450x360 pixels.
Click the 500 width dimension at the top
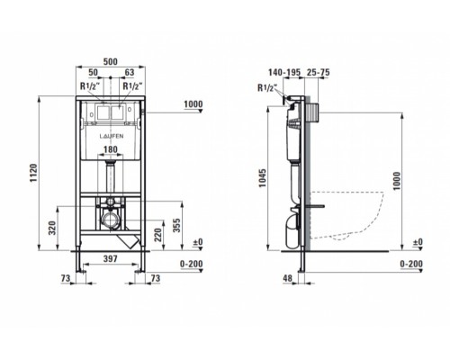[111, 62]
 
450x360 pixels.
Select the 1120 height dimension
[33, 173]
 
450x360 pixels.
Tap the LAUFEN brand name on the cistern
[112, 136]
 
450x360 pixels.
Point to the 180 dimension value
[111, 149]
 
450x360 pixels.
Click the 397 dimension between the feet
[111, 258]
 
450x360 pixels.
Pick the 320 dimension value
[52, 228]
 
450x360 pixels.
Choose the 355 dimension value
[177, 226]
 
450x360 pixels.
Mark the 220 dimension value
[158, 235]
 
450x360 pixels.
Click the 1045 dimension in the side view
[263, 178]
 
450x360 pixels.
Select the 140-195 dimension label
[284, 72]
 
